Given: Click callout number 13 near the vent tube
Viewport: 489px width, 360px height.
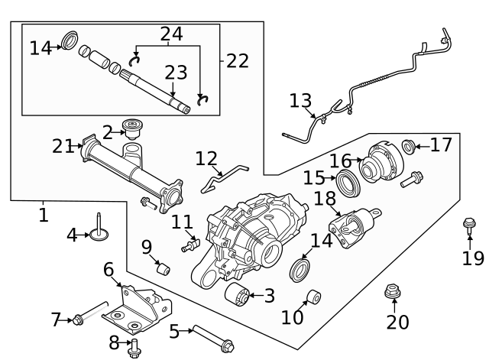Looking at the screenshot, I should click(301, 100).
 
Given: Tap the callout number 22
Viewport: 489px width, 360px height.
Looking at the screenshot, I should click(238, 61).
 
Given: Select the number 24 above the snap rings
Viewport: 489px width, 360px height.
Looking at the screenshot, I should click(171, 34).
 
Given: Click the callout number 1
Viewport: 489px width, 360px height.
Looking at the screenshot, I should click(43, 216).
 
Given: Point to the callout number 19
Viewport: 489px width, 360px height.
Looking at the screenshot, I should click(473, 258).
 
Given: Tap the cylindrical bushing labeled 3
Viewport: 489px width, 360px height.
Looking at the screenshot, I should click(240, 295).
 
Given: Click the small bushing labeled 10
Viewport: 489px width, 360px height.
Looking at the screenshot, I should click(312, 297).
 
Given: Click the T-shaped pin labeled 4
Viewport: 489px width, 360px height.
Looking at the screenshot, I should click(99, 229).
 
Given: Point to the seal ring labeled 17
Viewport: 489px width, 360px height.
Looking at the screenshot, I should click(410, 145).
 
